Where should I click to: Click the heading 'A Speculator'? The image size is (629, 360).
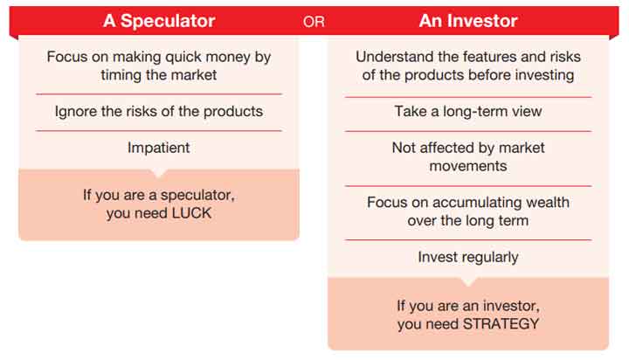coord(159,21)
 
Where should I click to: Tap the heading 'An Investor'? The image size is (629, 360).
coord(468,21)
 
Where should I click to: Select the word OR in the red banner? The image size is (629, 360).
coord(314,22)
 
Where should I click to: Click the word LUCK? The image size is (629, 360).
coord(191,213)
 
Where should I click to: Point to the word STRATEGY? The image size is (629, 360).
coord(501,324)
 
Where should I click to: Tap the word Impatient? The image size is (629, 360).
coord(158,148)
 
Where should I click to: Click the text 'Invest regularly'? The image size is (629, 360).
coord(468,257)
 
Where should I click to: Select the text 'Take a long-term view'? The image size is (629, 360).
coord(468,112)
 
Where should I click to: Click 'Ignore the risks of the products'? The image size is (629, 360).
coord(159,112)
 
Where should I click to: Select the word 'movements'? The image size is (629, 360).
coord(468,166)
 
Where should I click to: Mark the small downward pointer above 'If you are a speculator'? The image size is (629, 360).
coord(159,174)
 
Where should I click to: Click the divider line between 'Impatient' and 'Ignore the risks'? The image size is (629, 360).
coord(159,131)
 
